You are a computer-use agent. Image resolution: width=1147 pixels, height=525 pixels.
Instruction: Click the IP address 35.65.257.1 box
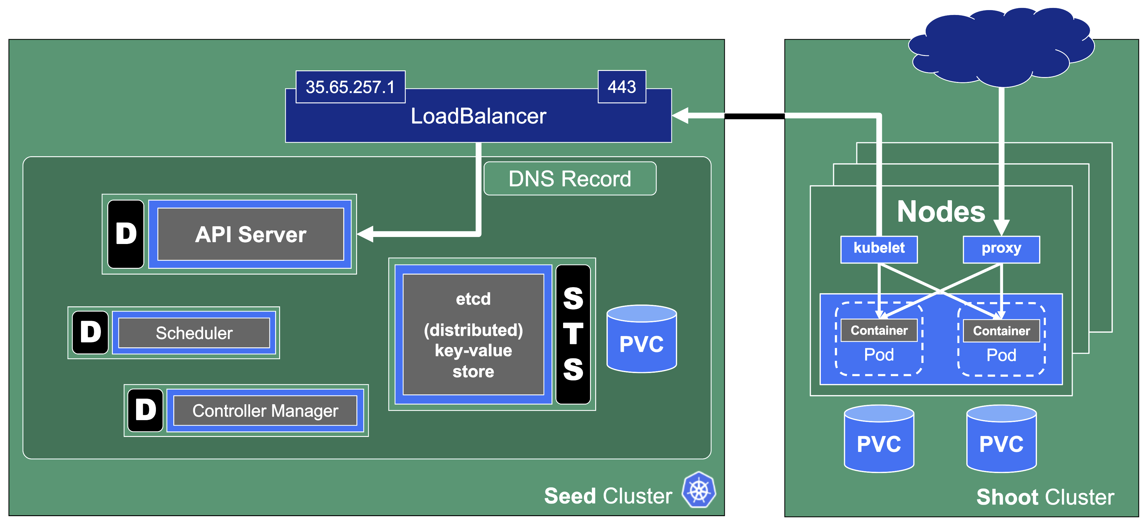tap(350, 87)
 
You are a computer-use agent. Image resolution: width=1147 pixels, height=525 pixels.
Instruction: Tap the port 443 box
tap(621, 87)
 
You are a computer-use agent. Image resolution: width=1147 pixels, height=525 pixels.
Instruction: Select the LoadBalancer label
tap(478, 116)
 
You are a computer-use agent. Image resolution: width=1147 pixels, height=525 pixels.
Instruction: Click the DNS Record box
tap(570, 179)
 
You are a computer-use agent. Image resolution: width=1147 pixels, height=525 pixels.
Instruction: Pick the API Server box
tap(251, 234)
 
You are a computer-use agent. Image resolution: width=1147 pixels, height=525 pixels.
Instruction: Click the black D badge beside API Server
tap(126, 234)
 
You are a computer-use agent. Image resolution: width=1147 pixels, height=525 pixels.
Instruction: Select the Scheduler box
tap(194, 333)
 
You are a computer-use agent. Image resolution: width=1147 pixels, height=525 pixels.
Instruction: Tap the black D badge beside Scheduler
tap(90, 332)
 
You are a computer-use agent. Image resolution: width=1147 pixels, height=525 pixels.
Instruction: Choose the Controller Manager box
tap(265, 411)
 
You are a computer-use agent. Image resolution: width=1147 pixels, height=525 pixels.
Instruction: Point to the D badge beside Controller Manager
tap(145, 410)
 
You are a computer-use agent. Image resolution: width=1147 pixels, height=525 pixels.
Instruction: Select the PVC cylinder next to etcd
tap(642, 339)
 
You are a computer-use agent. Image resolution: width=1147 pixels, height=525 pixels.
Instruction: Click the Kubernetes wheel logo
tap(699, 490)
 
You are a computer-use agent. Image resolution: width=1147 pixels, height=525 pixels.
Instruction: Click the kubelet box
tap(879, 249)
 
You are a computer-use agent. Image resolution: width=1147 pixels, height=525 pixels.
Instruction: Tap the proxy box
tap(1001, 249)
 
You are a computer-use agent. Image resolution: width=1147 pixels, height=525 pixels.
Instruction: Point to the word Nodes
tap(941, 212)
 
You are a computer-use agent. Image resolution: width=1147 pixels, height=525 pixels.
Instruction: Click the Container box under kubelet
tap(879, 331)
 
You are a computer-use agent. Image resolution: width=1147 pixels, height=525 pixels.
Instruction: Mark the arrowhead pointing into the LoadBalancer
tap(680, 116)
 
